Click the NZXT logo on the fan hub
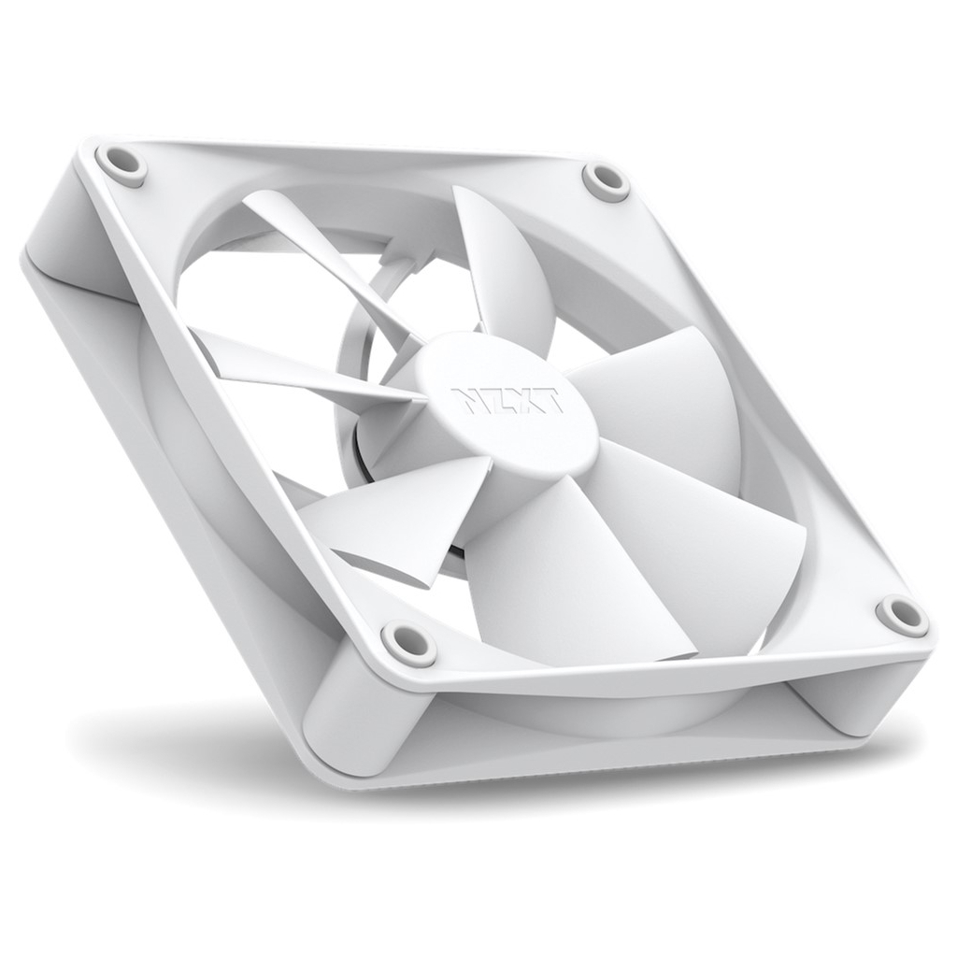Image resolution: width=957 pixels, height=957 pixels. pyautogui.click(x=507, y=400)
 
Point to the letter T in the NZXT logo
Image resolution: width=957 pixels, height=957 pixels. pyautogui.click(x=550, y=402)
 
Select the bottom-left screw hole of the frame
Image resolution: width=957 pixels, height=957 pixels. pyautogui.click(x=408, y=643)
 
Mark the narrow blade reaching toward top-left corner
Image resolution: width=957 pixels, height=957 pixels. pyautogui.click(x=318, y=252)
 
